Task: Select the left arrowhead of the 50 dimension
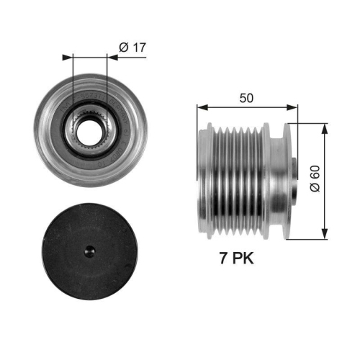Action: (x=201, y=109)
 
